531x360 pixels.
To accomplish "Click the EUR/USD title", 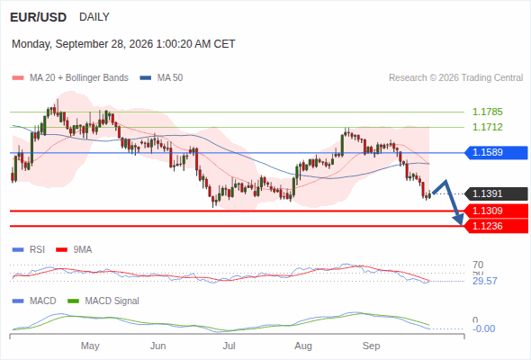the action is click(39, 17).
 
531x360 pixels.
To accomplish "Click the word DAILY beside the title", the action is click(94, 17).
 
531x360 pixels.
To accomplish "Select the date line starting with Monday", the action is click(123, 44).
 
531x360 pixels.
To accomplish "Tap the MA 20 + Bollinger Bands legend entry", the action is click(70, 78).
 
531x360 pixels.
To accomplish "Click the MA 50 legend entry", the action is click(161, 78).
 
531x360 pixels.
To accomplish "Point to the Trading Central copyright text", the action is click(455, 78).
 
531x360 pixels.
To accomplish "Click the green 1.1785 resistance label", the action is click(487, 112).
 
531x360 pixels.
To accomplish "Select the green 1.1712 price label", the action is click(487, 127).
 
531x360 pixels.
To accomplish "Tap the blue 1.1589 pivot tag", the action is click(496, 152).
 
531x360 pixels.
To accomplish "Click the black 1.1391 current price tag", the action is click(496, 193).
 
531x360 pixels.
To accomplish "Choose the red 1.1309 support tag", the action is click(496, 211).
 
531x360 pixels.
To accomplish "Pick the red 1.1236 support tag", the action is click(496, 226).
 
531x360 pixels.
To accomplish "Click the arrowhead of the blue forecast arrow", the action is click(459, 220).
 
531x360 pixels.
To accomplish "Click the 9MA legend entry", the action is click(74, 249).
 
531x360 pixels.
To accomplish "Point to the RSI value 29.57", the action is click(485, 281).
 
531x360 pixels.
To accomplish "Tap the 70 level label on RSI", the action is click(478, 265).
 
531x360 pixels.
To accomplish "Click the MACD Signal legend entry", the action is click(103, 301).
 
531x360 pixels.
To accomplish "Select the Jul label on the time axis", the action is click(229, 346).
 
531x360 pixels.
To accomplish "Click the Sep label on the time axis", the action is click(371, 346).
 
